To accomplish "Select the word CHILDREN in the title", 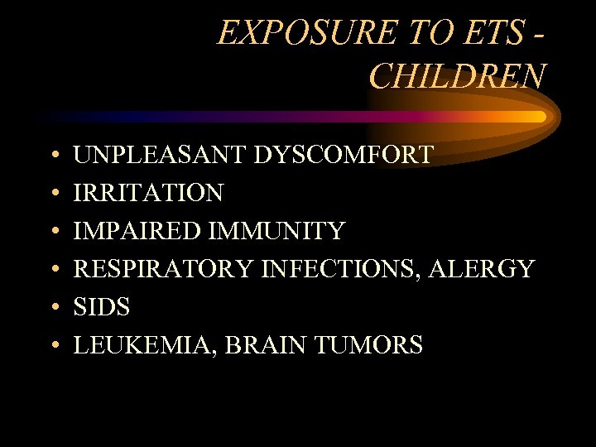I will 457,76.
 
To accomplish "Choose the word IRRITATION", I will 148,193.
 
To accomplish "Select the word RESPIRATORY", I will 164,269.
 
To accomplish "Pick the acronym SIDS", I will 102,307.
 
